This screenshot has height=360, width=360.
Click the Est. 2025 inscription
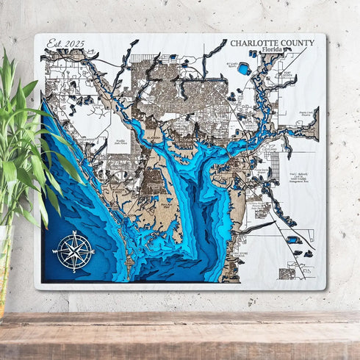click(x=65, y=43)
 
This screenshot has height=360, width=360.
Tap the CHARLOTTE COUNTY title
click(x=272, y=43)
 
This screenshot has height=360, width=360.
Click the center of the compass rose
click(x=74, y=251)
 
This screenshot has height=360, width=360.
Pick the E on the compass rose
click(x=93, y=251)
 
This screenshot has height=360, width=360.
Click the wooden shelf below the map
click(x=180, y=334)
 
